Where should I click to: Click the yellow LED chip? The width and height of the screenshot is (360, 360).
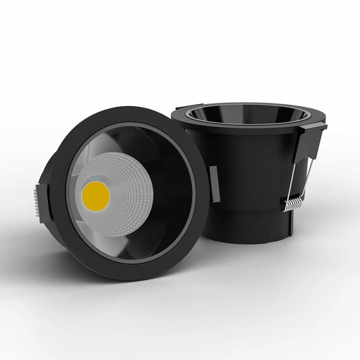click(x=95, y=195)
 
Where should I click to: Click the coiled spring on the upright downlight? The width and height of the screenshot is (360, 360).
click(x=292, y=202)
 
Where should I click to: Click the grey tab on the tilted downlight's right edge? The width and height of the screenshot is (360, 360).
click(x=214, y=184)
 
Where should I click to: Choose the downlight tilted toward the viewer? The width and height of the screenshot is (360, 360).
click(x=125, y=192)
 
